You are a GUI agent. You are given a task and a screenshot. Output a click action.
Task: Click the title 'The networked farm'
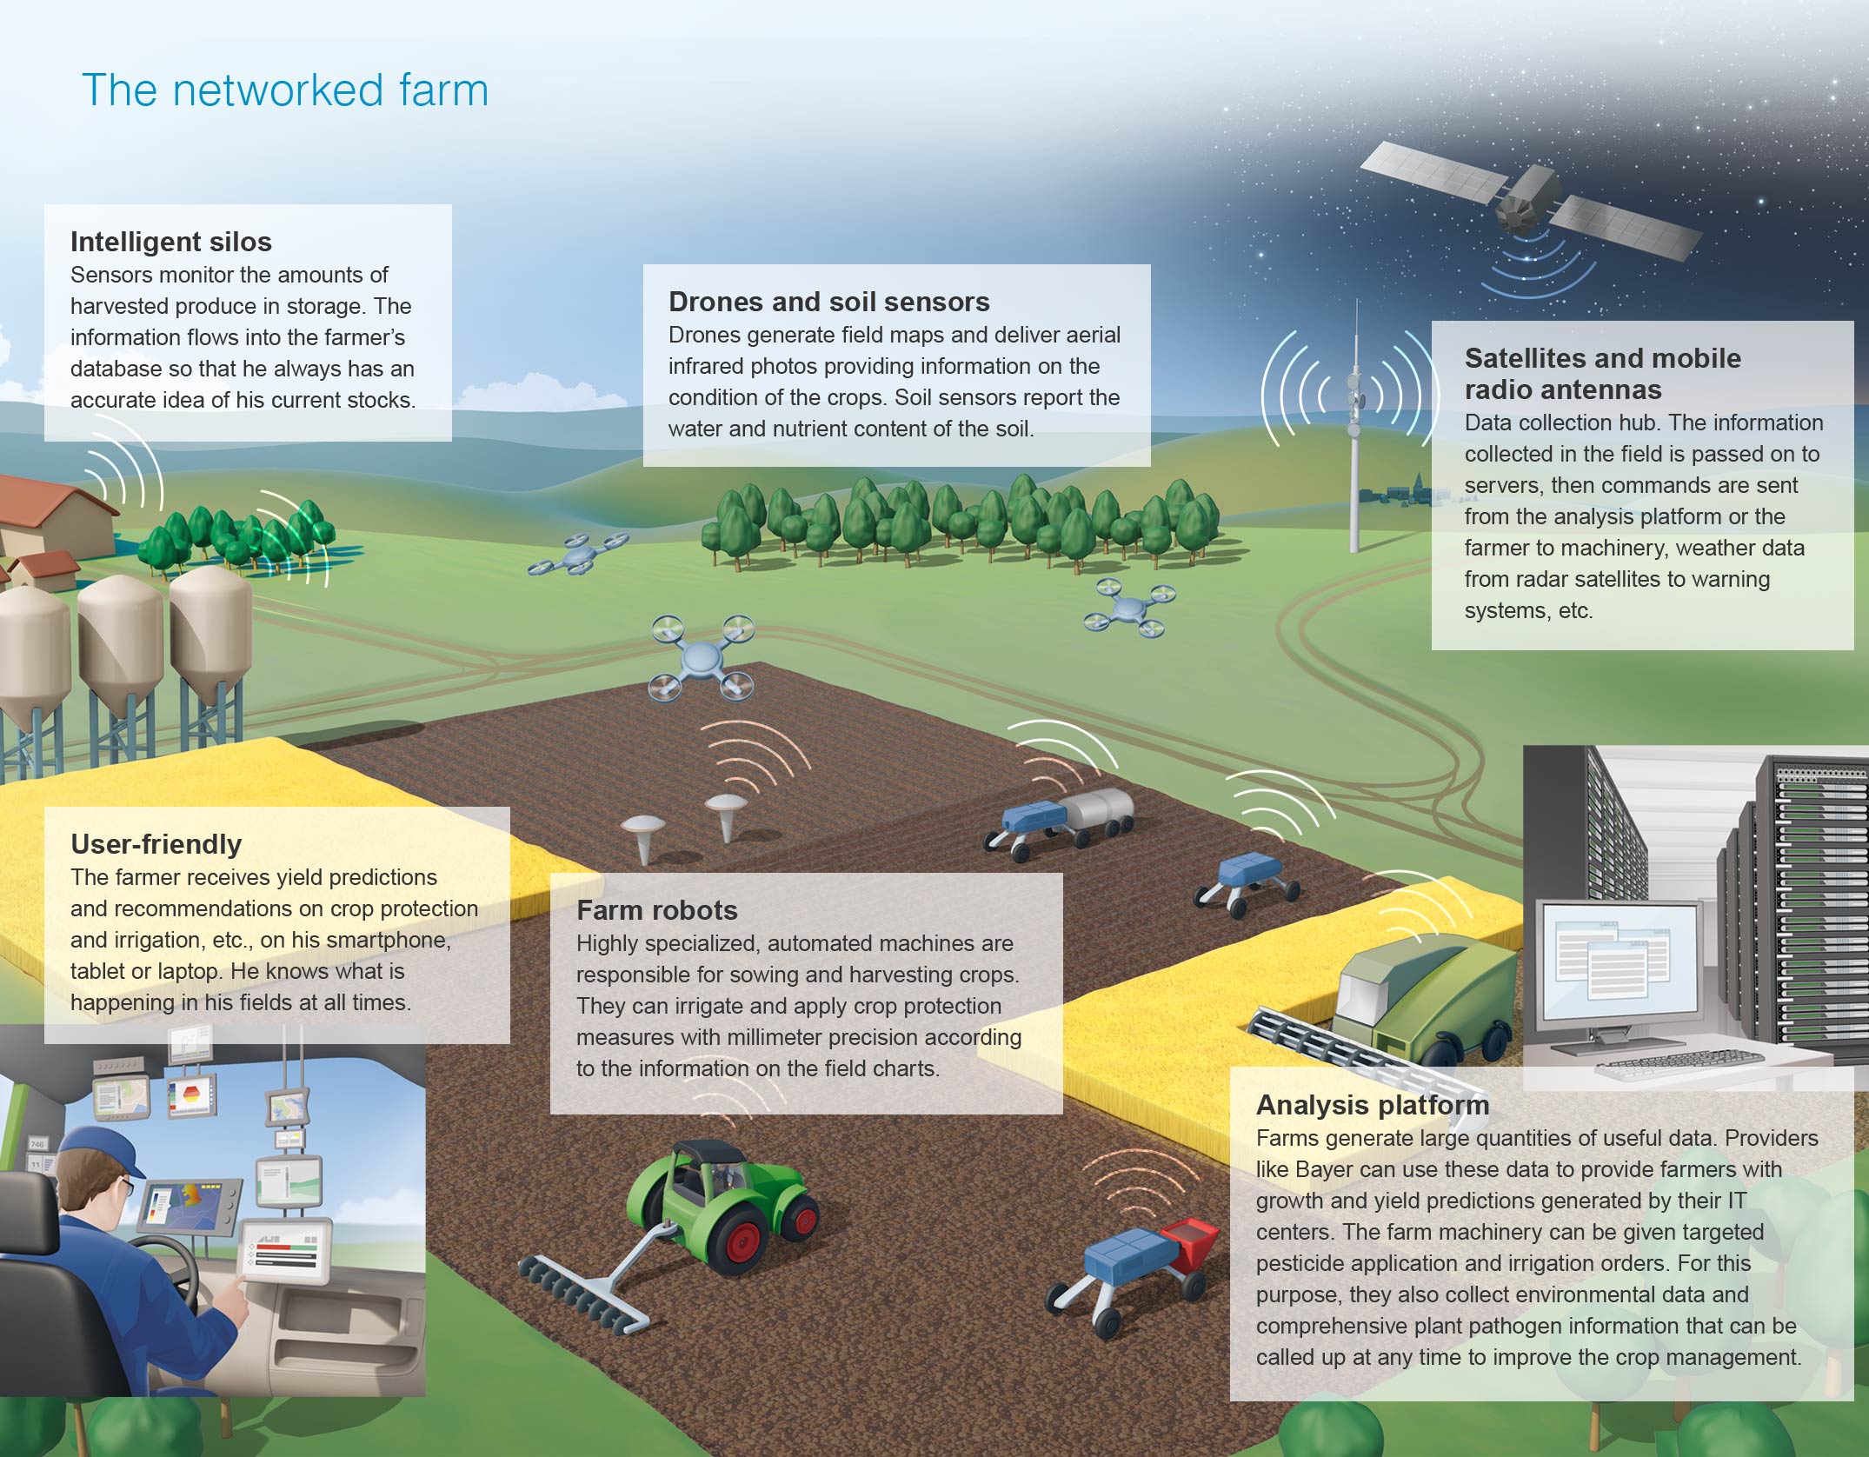pyautogui.click(x=285, y=90)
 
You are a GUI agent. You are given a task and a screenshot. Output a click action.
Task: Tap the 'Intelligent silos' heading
pyautogui.click(x=171, y=242)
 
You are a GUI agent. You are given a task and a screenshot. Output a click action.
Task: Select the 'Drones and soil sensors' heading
pyautogui.click(x=829, y=302)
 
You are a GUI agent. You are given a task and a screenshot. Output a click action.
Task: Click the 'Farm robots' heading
pyautogui.click(x=657, y=910)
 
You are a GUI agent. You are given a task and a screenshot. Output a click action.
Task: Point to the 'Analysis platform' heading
pyautogui.click(x=1373, y=1105)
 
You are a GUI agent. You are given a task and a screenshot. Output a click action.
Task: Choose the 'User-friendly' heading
pyautogui.click(x=156, y=844)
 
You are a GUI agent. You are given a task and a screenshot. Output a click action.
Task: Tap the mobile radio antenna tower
pyautogui.click(x=1354, y=426)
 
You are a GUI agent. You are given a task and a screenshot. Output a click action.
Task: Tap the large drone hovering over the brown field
pyautogui.click(x=702, y=657)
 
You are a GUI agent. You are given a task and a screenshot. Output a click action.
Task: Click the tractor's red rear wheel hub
pyautogui.click(x=744, y=1241)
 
